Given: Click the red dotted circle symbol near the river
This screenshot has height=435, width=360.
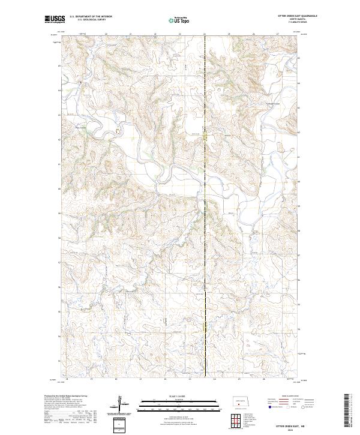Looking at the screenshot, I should [118, 129].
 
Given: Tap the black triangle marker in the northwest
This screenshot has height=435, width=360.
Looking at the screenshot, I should [77, 82].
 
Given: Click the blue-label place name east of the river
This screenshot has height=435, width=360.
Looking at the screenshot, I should [273, 103].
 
